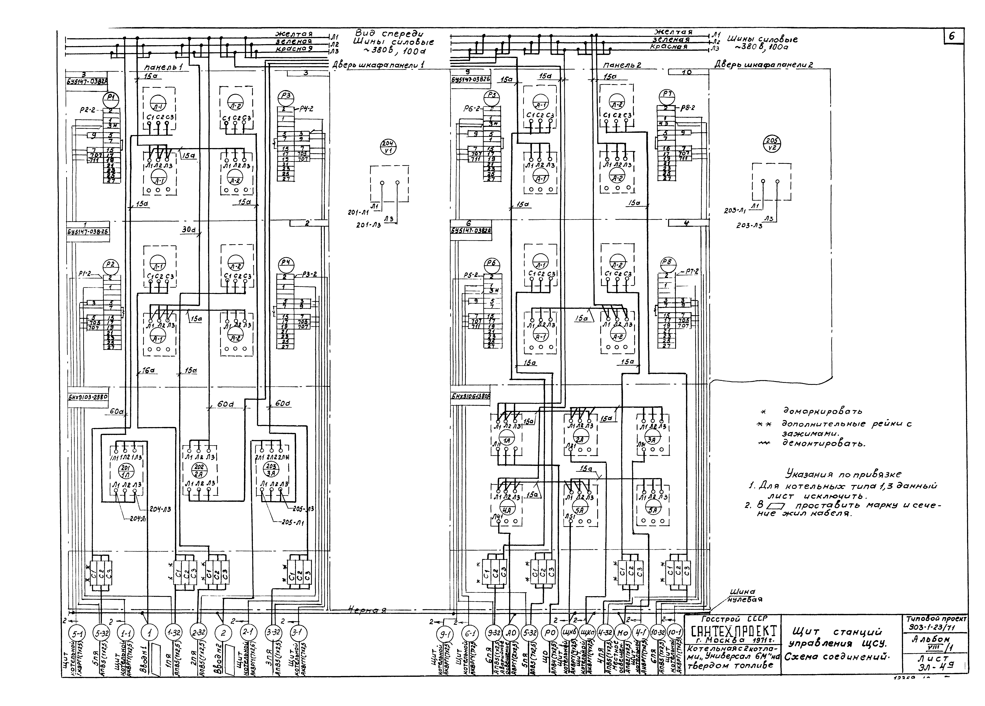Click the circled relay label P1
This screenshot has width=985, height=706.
[111, 97]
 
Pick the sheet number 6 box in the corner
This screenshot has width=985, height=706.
[953, 36]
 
